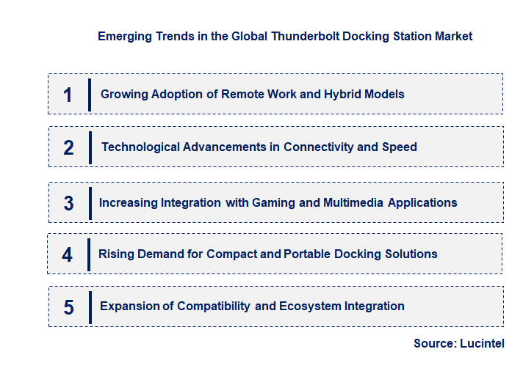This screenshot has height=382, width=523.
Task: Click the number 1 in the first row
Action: (x=68, y=95)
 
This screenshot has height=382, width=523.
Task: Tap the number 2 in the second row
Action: (x=68, y=147)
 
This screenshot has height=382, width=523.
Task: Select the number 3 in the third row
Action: (x=68, y=203)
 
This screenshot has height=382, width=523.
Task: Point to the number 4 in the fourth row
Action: (x=68, y=254)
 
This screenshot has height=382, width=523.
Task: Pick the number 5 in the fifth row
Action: (x=68, y=307)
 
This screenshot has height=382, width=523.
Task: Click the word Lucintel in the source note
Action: (x=481, y=343)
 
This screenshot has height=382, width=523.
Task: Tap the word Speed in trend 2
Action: (x=399, y=147)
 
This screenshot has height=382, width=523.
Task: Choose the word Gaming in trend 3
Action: (x=273, y=203)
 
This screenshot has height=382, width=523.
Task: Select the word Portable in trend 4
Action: (x=308, y=254)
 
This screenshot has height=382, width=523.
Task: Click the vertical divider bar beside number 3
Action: (x=89, y=202)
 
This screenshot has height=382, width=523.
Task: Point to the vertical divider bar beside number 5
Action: (x=90, y=306)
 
